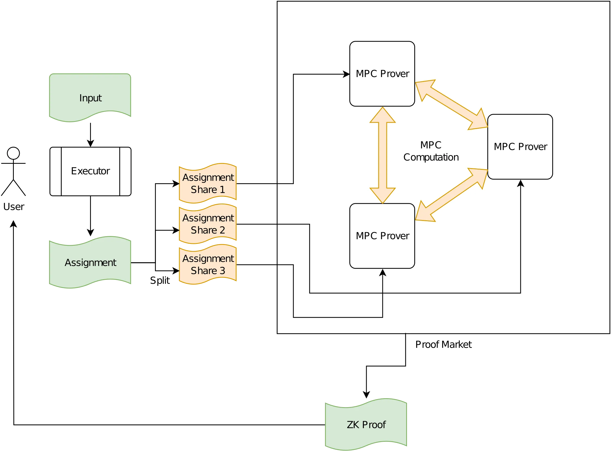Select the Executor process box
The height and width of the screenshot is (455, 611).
click(90, 171)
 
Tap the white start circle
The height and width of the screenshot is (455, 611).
click(13, 153)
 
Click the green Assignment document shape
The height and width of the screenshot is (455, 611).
click(90, 262)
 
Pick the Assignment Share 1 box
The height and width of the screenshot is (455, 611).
click(208, 183)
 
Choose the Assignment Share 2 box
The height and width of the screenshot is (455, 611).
click(208, 224)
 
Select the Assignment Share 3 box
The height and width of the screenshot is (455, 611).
click(208, 264)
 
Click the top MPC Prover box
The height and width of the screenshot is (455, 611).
click(382, 74)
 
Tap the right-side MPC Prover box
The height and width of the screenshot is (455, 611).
click(520, 147)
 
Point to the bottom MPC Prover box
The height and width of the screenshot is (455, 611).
click(382, 236)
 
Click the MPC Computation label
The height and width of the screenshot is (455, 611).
click(431, 151)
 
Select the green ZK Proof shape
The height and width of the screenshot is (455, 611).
click(366, 424)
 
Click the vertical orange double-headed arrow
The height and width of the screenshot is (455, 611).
click(383, 155)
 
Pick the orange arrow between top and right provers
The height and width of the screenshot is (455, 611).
click(451, 105)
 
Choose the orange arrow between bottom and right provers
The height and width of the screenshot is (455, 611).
click(451, 195)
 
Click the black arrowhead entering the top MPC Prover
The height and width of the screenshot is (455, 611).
click(347, 74)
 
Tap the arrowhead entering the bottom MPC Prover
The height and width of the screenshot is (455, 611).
click(383, 273)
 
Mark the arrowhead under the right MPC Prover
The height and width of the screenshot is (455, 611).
click(520, 183)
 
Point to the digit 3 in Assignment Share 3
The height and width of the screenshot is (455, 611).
click(222, 271)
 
